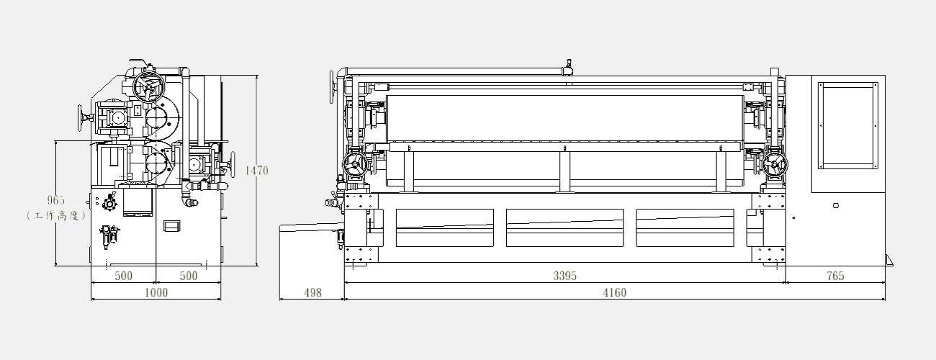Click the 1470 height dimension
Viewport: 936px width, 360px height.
pos(256,171)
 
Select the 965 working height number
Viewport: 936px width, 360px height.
pos(56,200)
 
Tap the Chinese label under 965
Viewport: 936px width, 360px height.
pos(56,216)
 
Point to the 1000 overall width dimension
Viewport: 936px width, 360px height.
pos(156,292)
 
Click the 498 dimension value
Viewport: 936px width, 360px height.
pos(312,293)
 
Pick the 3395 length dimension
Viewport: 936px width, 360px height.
pos(564,276)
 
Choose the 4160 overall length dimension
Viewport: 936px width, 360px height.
pos(614,293)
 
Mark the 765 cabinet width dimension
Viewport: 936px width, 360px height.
pos(835,276)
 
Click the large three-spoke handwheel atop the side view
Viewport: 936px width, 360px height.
pos(149,87)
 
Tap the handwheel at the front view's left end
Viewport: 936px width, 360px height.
pos(355,165)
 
